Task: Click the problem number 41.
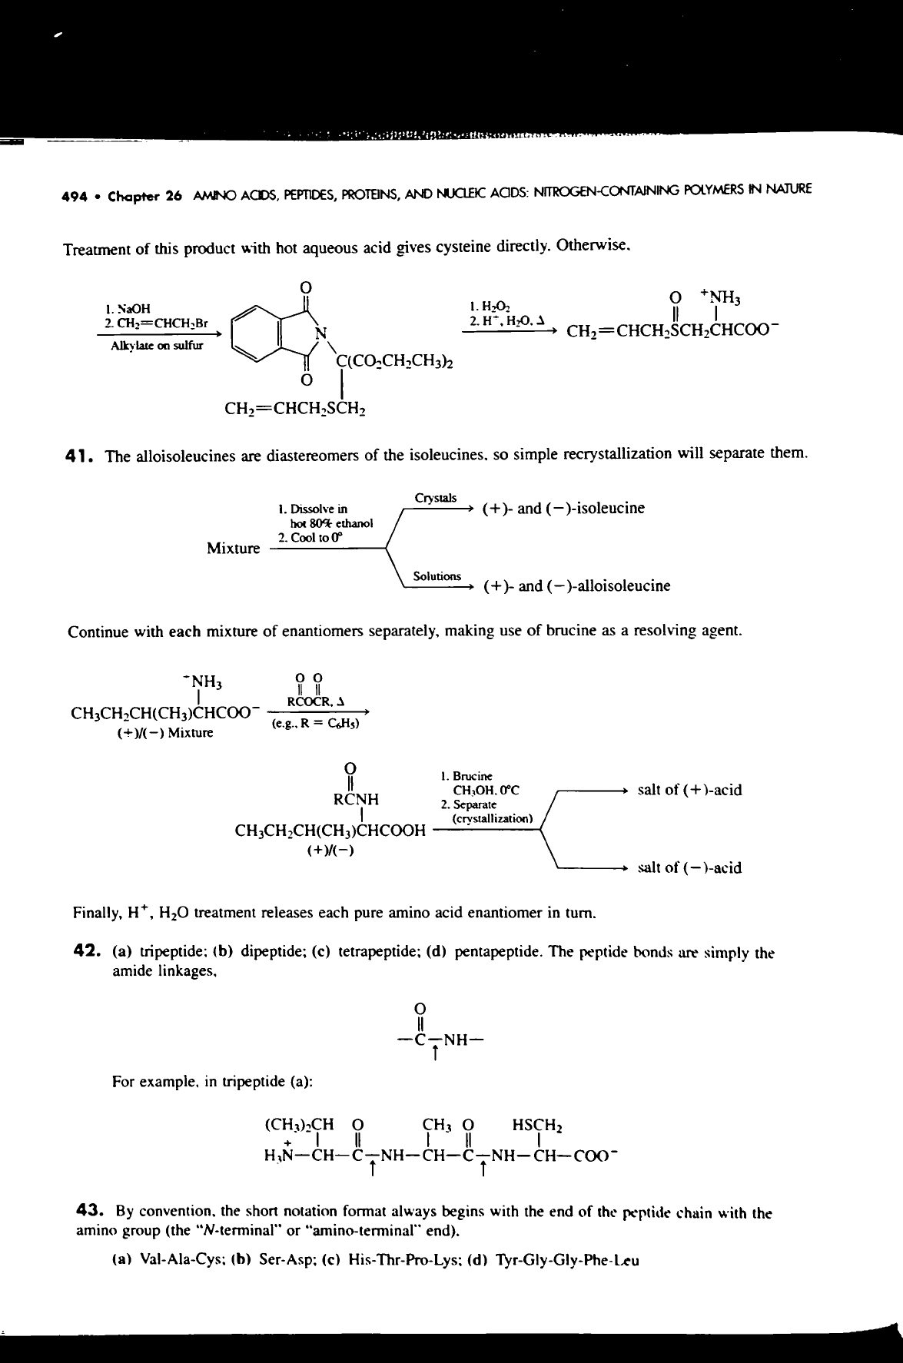[80, 456]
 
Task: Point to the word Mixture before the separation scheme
[234, 549]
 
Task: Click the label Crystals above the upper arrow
[436, 498]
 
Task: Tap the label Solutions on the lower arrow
[437, 576]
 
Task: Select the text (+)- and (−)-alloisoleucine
[576, 586]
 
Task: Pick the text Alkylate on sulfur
[157, 346]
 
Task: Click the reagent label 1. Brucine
[467, 777]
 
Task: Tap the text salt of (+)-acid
[690, 790]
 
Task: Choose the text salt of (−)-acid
[690, 867]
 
